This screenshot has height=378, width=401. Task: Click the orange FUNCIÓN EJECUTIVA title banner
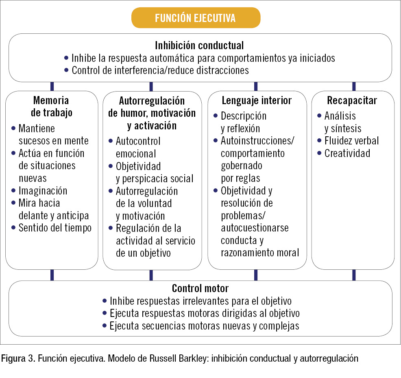pos(196,17)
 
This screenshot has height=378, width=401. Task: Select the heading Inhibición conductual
pos(199,46)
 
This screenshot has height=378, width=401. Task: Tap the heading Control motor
pos(200,288)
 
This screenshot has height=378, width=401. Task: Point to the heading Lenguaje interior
pos(257,101)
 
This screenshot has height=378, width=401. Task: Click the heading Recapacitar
pos(352,101)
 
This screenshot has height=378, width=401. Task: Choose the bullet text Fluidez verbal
pos(352,141)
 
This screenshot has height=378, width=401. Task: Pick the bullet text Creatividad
pos(347,153)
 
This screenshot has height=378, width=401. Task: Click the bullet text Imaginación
pos(43,191)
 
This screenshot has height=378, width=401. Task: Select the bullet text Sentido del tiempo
pos(55,228)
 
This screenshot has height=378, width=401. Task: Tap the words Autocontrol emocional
pos(138,147)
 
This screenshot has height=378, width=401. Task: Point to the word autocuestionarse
pos(255,228)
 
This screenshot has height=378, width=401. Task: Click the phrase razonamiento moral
pos(260,253)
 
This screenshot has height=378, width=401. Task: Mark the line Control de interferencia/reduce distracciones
pos(160,70)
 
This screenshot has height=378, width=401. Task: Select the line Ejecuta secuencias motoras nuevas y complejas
pos(204,326)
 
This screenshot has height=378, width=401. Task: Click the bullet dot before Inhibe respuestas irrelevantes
pos(105,301)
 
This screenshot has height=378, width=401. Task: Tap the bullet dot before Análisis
pos(319,116)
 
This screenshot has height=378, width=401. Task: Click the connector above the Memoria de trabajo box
pos(52,87)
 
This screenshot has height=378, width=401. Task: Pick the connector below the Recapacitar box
pos(354,275)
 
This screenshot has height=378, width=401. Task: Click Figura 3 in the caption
pos(18,358)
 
